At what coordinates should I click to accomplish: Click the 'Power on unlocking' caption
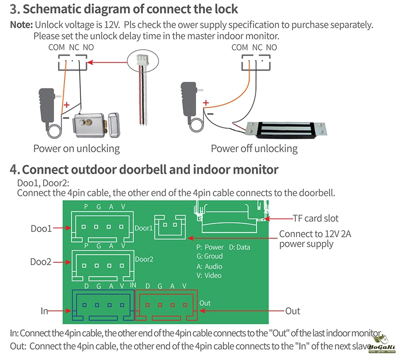(x=76, y=148)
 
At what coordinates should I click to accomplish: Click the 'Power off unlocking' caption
(x=254, y=148)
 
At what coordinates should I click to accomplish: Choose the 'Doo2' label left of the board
(x=41, y=261)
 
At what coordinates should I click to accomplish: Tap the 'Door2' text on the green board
(x=144, y=259)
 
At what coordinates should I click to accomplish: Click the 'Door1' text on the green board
(x=144, y=228)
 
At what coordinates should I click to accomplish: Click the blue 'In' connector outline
(x=103, y=305)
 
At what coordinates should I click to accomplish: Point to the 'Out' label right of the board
(x=292, y=311)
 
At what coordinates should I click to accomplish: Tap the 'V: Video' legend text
(x=209, y=275)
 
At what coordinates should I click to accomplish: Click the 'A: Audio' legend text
(x=209, y=266)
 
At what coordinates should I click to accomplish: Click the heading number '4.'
(x=15, y=169)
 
